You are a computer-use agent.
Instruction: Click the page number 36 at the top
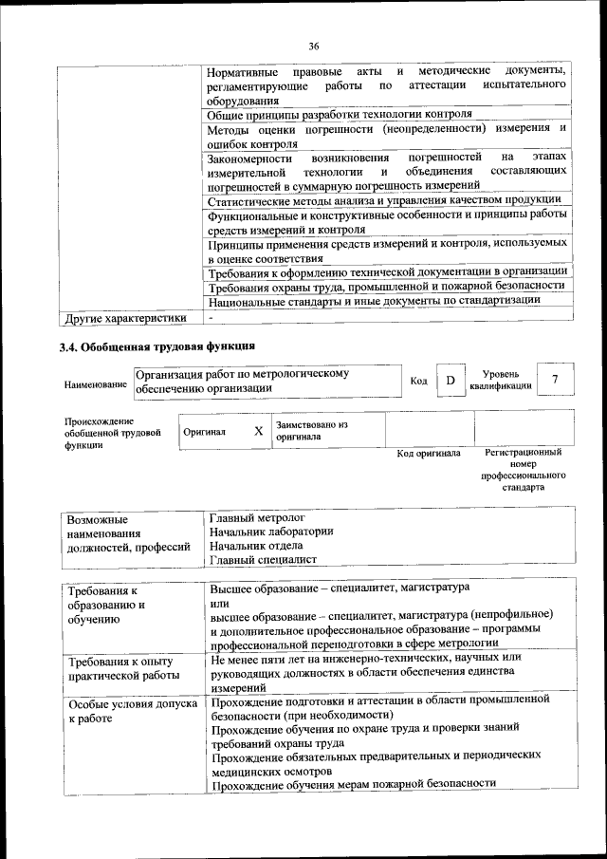coord(313,47)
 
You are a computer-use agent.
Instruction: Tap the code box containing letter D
coord(451,381)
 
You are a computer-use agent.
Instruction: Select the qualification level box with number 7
coord(555,380)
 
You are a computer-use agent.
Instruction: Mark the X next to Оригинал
coord(258,430)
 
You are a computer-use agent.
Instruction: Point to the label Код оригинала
coord(428,454)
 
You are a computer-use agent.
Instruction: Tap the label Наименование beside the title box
coord(96,384)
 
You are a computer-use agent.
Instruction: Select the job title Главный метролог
coord(257,518)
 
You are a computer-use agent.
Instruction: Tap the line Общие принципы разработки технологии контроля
coord(340,115)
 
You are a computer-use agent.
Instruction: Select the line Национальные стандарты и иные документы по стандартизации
coord(375,300)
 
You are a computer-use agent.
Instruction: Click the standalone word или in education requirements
coord(219,603)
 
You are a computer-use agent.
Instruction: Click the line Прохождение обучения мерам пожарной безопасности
coord(353,784)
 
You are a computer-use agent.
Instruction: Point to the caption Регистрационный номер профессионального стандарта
coord(524,470)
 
